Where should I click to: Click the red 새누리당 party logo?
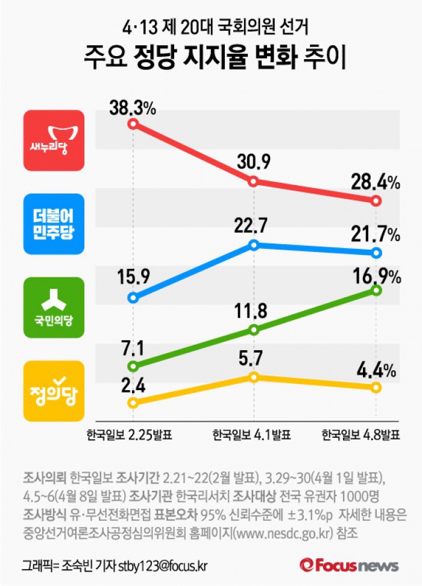click(x=54, y=140)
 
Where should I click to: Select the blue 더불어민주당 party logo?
click(x=54, y=223)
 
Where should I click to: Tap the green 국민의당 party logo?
click(x=54, y=307)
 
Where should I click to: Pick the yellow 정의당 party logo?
click(x=54, y=390)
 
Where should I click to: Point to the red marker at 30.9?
click(x=254, y=181)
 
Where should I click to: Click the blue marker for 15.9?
click(x=133, y=298)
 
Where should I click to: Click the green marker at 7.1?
click(x=133, y=366)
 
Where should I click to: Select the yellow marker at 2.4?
click(x=133, y=402)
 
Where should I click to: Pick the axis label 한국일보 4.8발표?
click(x=361, y=435)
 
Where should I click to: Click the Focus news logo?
click(x=350, y=566)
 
